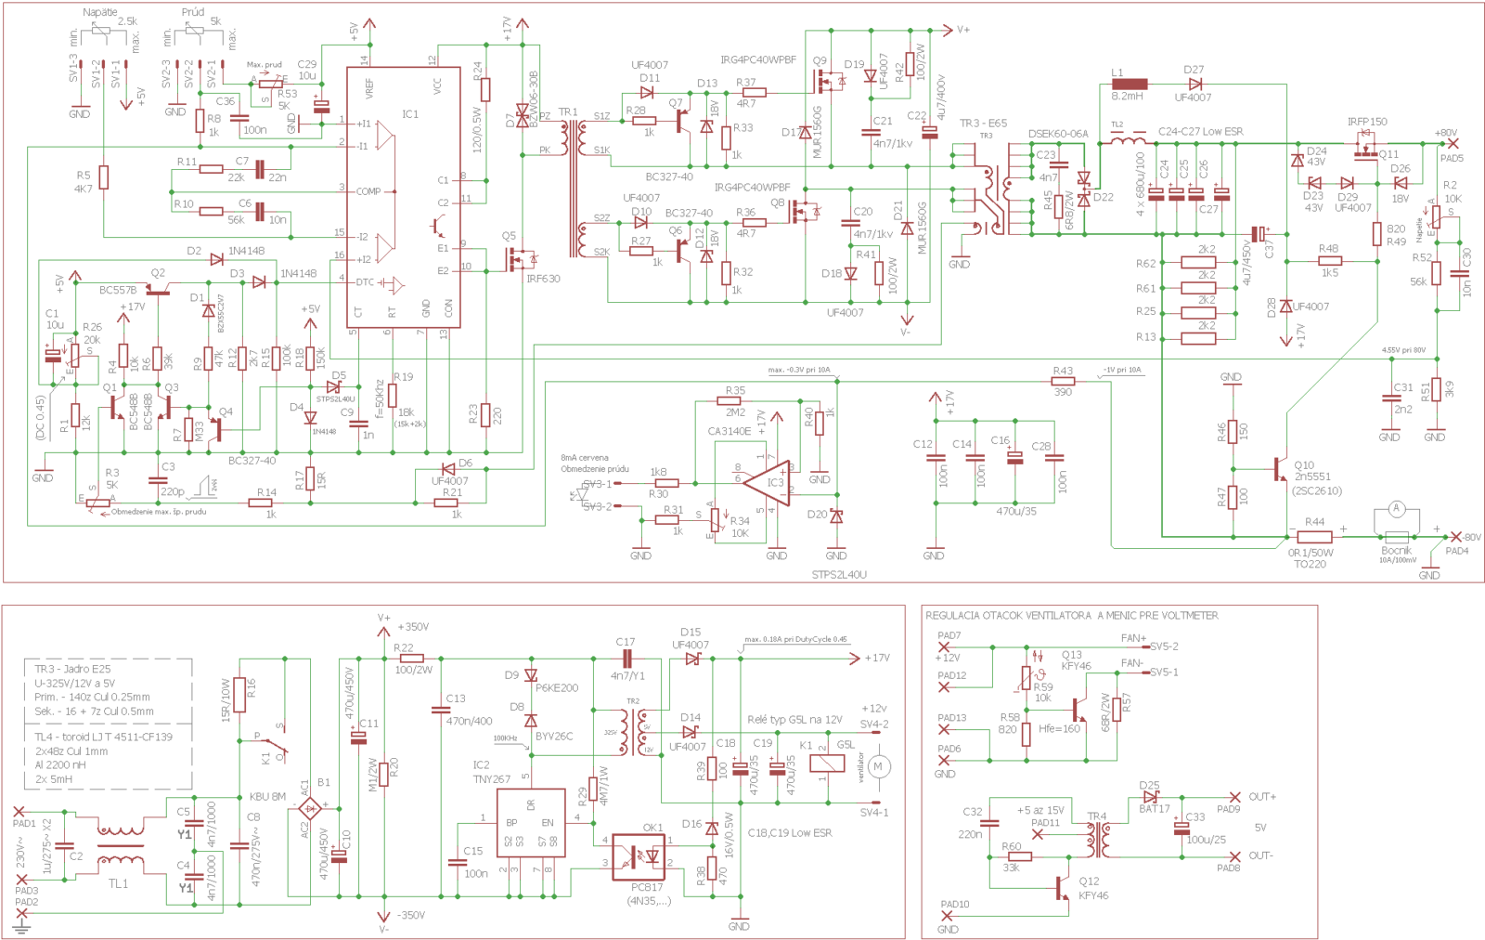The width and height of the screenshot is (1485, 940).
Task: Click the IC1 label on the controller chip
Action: [x=410, y=114]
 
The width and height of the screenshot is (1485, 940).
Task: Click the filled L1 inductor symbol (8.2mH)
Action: [x=1130, y=84]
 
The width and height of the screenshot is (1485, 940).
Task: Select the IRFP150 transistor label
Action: [x=1367, y=122]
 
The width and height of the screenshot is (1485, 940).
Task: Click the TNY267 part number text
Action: [x=491, y=779]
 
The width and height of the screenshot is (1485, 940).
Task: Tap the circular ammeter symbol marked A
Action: [x=1396, y=508]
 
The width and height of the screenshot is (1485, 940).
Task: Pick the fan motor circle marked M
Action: [x=878, y=766]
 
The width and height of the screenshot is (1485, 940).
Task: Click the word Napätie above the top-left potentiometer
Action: [x=100, y=12]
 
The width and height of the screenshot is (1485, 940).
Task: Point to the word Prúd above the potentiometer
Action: [x=193, y=12]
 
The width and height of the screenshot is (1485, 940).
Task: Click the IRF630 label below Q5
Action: [x=543, y=279]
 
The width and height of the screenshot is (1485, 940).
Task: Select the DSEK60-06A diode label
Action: [x=1058, y=134]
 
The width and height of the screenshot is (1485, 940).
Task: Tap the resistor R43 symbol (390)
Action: [x=1063, y=381]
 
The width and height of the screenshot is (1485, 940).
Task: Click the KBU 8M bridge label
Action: [x=267, y=796]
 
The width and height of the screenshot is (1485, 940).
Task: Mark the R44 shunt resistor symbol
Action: [x=1313, y=537]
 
